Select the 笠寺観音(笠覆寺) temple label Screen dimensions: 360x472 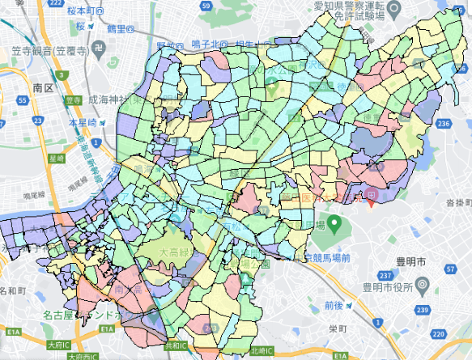(48, 49)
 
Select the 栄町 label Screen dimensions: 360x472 (338, 330)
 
